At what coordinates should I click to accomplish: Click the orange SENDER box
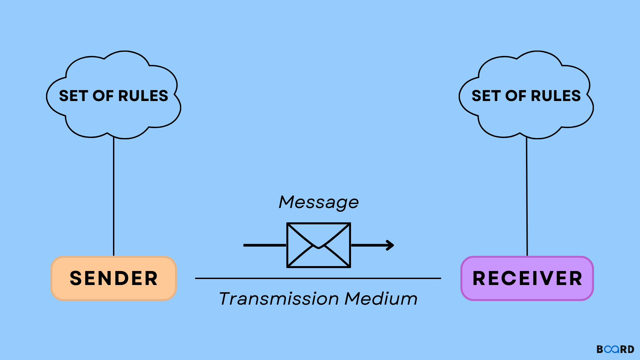pyautogui.click(x=114, y=278)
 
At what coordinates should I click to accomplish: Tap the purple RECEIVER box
pyautogui.click(x=527, y=278)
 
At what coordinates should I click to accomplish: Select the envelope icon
pyautogui.click(x=319, y=245)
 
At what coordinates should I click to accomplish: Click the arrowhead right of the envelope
pyautogui.click(x=390, y=245)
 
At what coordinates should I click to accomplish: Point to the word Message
pyautogui.click(x=319, y=202)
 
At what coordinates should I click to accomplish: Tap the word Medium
pyautogui.click(x=381, y=298)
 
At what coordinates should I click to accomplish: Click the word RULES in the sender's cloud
pyautogui.click(x=143, y=96)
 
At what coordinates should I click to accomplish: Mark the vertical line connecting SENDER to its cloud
pyautogui.click(x=114, y=196)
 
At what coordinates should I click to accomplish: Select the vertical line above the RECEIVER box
pyautogui.click(x=527, y=196)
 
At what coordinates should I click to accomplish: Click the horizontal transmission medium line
pyautogui.click(x=318, y=278)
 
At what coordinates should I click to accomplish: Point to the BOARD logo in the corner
pyautogui.click(x=615, y=349)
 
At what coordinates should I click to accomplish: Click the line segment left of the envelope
pyautogui.click(x=265, y=245)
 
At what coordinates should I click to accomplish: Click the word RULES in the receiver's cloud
pyautogui.click(x=556, y=96)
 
